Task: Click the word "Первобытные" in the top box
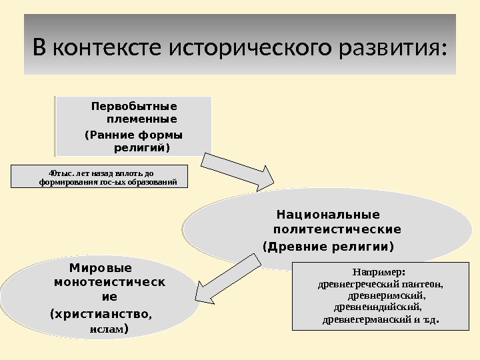click(x=133, y=107)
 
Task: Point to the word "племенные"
click(x=141, y=120)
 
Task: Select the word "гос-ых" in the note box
click(x=113, y=181)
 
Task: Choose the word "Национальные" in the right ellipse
click(x=328, y=215)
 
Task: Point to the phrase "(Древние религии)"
click(x=329, y=247)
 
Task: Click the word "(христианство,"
click(x=101, y=313)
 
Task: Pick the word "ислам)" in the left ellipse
click(x=109, y=329)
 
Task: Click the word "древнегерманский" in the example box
click(x=367, y=319)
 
